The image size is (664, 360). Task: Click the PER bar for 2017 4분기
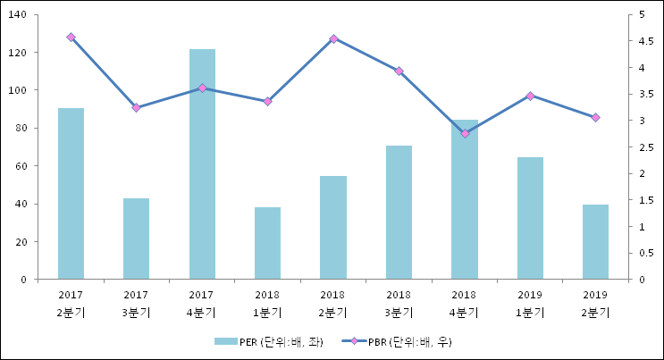[202, 164]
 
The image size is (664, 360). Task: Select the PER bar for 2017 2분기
[71, 194]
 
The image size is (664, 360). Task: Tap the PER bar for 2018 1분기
[267, 243]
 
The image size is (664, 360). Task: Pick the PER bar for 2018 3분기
[399, 213]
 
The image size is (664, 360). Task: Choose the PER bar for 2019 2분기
[595, 242]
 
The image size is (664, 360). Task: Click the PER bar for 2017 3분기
[136, 239]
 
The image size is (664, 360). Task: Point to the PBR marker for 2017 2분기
[71, 38]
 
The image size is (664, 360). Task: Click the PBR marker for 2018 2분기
[333, 38]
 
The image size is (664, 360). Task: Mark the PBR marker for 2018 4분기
[465, 134]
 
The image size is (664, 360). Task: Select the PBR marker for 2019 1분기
[530, 96]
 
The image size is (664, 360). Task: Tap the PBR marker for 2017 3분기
[136, 108]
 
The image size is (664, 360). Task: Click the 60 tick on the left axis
[21, 166]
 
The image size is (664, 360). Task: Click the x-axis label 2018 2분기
[333, 304]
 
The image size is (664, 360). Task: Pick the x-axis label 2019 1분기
[530, 304]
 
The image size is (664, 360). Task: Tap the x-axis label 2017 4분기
[202, 304]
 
